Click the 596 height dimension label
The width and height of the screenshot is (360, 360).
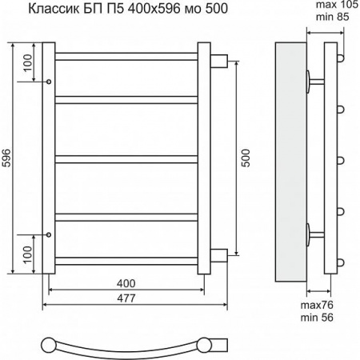(x=6, y=158)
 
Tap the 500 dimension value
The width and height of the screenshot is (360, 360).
(x=246, y=158)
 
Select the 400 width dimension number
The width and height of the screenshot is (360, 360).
(x=126, y=283)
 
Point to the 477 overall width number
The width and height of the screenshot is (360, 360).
(x=126, y=298)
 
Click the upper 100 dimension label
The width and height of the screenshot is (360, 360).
(x=27, y=63)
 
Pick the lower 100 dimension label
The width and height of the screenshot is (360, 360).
(x=27, y=254)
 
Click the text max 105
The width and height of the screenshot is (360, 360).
(x=337, y=5)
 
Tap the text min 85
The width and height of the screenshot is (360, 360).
(x=333, y=17)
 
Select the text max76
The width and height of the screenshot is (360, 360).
(x=317, y=305)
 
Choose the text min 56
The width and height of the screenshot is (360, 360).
(x=317, y=318)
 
